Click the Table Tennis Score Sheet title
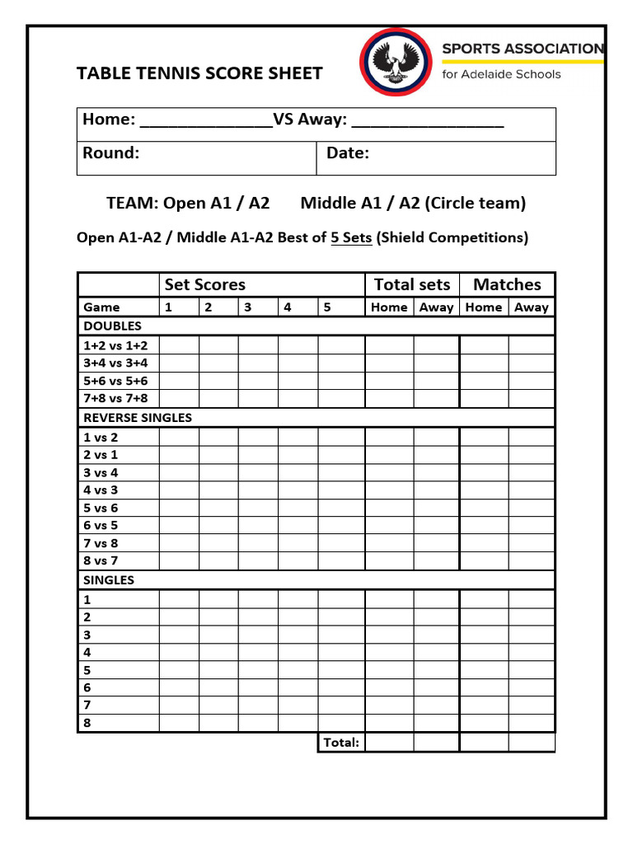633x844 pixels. tap(199, 73)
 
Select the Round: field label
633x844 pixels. tap(110, 153)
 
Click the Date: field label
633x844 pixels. tap(347, 153)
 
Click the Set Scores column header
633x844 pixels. tap(204, 284)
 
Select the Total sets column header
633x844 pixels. tap(411, 284)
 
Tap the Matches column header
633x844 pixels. tap(507, 284)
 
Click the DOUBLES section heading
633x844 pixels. tap(112, 326)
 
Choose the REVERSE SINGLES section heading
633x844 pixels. tap(137, 417)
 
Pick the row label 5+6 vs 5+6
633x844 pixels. tap(115, 381)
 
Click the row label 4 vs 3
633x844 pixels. tap(101, 490)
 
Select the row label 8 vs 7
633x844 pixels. tap(101, 560)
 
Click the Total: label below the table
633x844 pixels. tap(340, 743)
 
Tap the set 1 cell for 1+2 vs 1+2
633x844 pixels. tap(179, 345)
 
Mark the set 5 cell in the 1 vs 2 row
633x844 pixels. tap(340, 437)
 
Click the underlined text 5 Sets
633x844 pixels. tap(351, 237)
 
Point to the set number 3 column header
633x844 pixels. tap(247, 307)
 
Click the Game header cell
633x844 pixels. tap(101, 307)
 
